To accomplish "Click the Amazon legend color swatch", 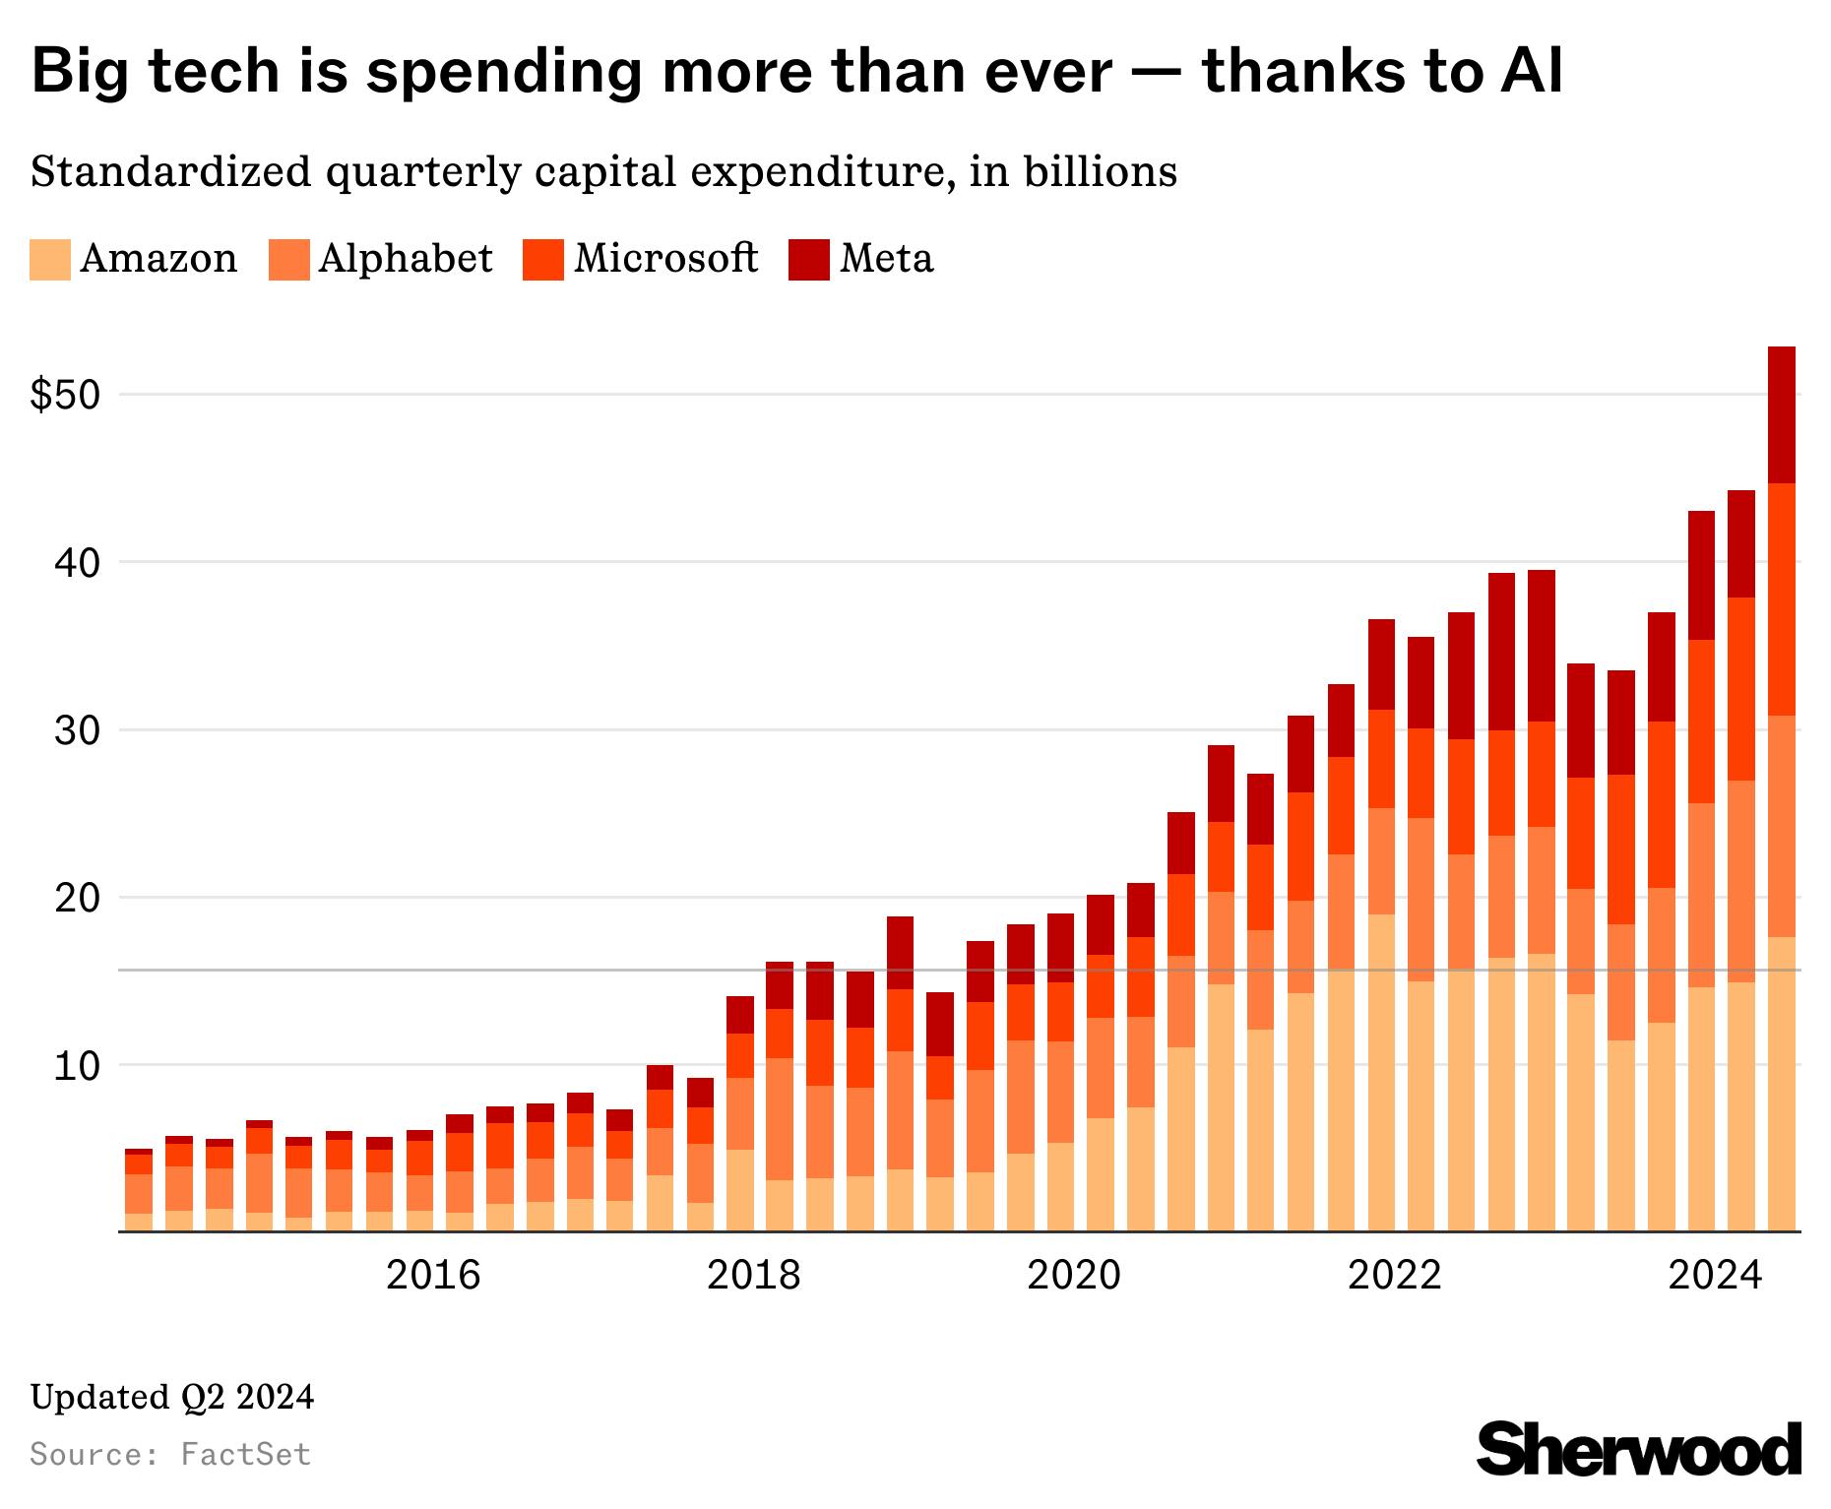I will click(x=49, y=260).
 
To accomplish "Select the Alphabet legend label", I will click(x=405, y=259).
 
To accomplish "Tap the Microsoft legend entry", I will click(x=665, y=259).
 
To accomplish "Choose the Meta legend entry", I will click(x=886, y=259).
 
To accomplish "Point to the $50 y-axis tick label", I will click(x=66, y=396).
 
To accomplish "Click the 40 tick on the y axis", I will click(x=78, y=563).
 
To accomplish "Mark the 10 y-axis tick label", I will click(x=78, y=1066).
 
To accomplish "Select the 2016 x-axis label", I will click(x=433, y=1276).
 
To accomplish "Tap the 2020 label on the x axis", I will click(x=1074, y=1276).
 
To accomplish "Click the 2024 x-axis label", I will click(x=1715, y=1276).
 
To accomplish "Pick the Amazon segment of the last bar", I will click(x=1782, y=1083).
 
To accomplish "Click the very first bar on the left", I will click(x=139, y=1191).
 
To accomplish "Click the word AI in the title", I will click(x=1531, y=73).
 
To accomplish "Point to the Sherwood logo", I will click(x=1638, y=1449).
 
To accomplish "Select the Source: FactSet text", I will click(x=171, y=1454).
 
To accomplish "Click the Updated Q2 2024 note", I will click(x=172, y=1397).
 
